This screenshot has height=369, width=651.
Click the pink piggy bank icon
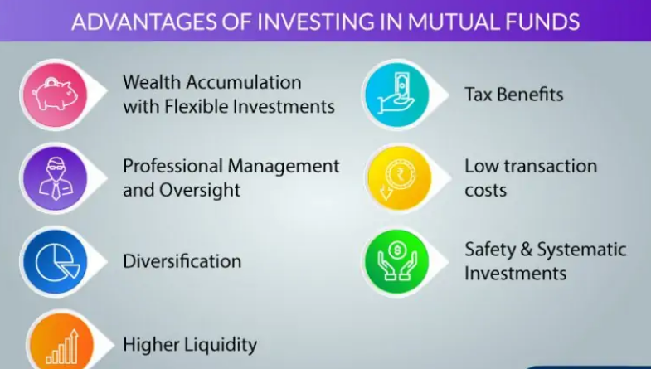click(55, 95)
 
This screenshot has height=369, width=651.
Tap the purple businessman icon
click(56, 178)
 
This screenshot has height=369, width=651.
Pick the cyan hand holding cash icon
click(396, 94)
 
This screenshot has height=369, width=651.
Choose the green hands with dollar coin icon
click(397, 260)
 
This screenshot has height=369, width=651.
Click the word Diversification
click(182, 261)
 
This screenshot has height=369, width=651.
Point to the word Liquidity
click(221, 345)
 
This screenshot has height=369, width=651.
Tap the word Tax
click(479, 95)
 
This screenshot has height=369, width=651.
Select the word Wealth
click(152, 82)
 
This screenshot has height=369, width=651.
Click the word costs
click(485, 191)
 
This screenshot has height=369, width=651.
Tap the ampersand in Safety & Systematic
click(526, 250)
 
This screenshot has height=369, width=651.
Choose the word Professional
click(173, 166)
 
